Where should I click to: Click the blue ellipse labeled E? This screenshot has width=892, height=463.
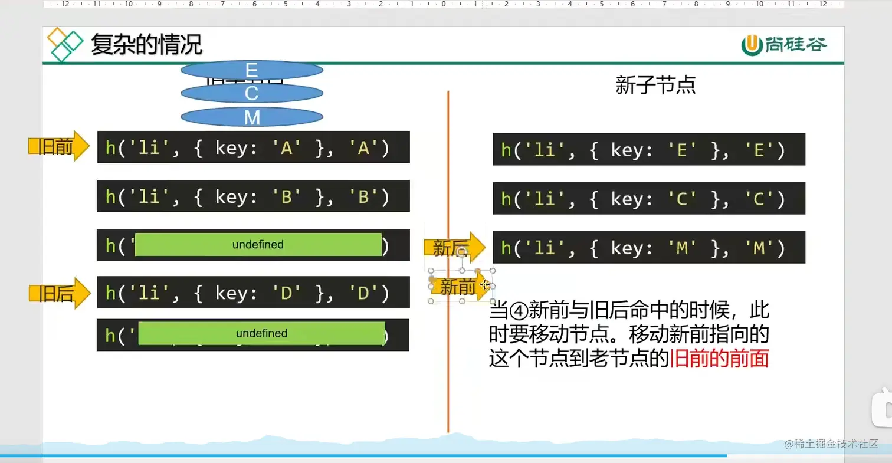tap(252, 70)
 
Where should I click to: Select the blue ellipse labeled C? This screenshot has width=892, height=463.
tap(252, 93)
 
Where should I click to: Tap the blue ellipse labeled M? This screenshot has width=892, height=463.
tap(252, 117)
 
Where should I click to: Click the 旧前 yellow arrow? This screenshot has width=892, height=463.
tap(58, 146)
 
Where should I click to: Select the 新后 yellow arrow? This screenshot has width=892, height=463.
tap(454, 248)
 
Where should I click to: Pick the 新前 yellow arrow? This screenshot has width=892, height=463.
tap(460, 287)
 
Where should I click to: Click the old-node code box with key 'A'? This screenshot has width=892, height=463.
tap(253, 147)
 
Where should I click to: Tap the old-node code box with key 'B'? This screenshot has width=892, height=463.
tap(253, 196)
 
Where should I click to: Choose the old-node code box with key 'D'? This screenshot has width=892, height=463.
tap(253, 292)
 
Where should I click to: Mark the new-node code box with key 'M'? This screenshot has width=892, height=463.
tap(648, 247)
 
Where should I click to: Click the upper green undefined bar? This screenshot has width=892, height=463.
tap(258, 244)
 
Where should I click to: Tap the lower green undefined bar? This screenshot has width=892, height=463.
tap(261, 333)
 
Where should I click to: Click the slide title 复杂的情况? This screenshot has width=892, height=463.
tap(146, 44)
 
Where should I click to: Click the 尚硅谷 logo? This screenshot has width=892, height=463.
tap(784, 44)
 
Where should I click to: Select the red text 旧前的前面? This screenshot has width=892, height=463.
tap(719, 359)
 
